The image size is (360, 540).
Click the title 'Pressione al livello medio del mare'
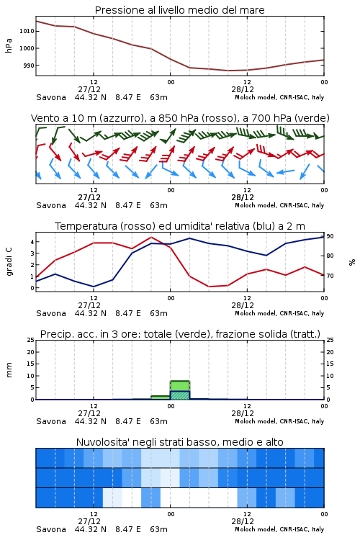(179, 10)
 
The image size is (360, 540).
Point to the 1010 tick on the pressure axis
(27, 31)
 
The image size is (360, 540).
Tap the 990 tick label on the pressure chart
(29, 66)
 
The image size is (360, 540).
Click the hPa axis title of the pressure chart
(9, 45)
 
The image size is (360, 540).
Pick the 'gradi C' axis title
(9, 261)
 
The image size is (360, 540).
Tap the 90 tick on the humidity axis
(330, 236)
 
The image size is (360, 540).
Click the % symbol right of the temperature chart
(352, 262)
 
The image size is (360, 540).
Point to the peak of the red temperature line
(151, 238)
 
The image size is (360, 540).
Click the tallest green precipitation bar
(180, 390)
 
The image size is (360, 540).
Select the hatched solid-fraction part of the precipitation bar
(180, 395)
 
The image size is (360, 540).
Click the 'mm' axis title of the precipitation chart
(9, 370)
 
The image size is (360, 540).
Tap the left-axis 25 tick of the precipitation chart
(31, 340)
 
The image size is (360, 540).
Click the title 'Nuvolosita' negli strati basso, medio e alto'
(179, 442)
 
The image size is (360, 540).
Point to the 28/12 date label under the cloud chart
(243, 521)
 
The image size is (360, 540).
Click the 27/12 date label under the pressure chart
(89, 89)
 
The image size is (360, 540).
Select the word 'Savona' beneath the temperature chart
(51, 313)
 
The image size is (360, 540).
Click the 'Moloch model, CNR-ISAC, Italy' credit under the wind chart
(279, 205)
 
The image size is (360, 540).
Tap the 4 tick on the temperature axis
(32, 242)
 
